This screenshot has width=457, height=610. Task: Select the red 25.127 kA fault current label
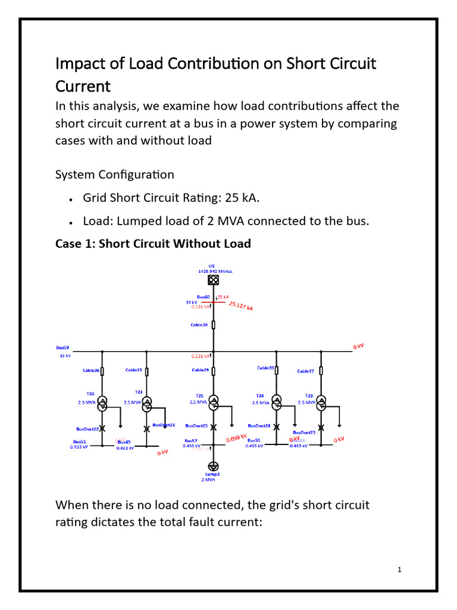pos(240,306)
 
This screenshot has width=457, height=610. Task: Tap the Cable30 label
pos(199,325)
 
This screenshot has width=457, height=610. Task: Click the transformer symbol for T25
pos(214,402)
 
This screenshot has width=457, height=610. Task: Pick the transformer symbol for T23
pos(321,402)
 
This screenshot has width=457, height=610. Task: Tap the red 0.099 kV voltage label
pos(237,439)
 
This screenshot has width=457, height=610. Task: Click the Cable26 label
pos(90,371)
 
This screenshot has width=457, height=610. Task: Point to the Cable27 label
pos(305,371)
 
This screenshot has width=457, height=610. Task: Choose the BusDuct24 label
pos(259,426)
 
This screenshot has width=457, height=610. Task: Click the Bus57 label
pos(191,441)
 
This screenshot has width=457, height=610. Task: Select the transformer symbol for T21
pos(146,402)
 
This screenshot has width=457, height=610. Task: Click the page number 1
pos(400,569)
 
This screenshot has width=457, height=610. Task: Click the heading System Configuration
pos(114,175)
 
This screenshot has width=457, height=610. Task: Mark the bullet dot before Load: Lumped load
pos(71,222)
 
